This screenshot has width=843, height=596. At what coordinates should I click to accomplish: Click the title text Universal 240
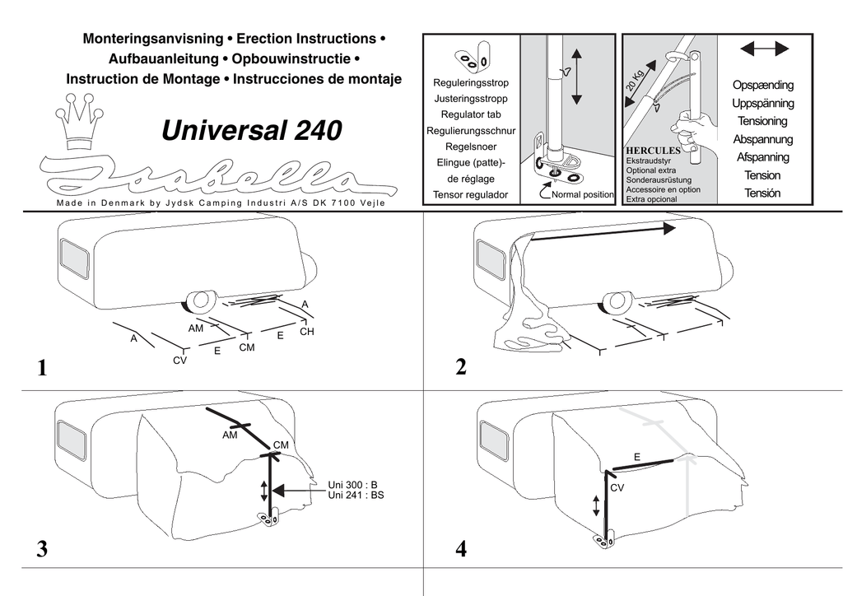point(252,131)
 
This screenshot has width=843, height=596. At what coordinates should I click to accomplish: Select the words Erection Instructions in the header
point(306,39)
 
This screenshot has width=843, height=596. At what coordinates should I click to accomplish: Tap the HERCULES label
point(653,151)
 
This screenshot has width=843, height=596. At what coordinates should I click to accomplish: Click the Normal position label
point(583,194)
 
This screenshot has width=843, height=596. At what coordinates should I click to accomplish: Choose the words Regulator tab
point(471,114)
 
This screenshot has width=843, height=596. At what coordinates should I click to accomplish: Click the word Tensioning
point(762,122)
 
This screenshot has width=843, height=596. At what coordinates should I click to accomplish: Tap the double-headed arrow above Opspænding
point(764,49)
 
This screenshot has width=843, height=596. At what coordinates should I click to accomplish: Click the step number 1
point(42,368)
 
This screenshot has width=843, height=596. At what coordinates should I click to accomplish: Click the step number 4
point(461,549)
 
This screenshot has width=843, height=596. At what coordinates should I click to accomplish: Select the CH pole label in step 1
point(307,332)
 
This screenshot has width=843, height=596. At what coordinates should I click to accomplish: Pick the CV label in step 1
point(180,361)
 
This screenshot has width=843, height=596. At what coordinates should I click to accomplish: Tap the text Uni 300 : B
point(352,486)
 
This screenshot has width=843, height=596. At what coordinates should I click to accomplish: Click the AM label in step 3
point(231,435)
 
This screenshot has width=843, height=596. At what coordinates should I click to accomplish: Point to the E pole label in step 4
point(637,458)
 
